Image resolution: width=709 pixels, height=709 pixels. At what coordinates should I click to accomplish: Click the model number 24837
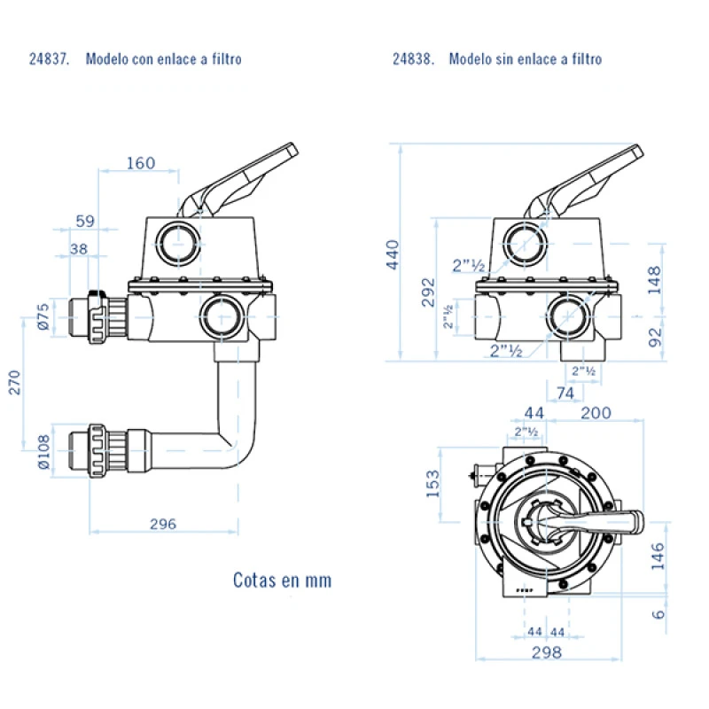pos(47,59)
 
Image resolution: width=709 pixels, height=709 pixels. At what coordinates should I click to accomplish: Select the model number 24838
pos(413,59)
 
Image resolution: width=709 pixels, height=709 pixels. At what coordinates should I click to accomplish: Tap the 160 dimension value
pos(140,163)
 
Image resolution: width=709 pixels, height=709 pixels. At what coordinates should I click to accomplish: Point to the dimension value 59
pos(84,220)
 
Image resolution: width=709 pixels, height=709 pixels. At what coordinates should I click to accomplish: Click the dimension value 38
pos(78,249)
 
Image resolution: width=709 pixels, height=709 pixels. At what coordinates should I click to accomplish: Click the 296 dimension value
pos(162,524)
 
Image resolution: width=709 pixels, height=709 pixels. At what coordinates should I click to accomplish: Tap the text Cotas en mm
pos(282,580)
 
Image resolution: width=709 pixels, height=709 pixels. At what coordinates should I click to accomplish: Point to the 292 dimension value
pos(427,292)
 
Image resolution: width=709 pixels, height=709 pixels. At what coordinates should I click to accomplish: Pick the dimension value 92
pos(654,338)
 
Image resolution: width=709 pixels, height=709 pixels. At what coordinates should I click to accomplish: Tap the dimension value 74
pos(565,392)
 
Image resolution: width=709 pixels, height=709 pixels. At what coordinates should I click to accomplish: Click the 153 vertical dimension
pos(433,484)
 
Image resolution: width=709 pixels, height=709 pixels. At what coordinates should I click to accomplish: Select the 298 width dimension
pos(547,652)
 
